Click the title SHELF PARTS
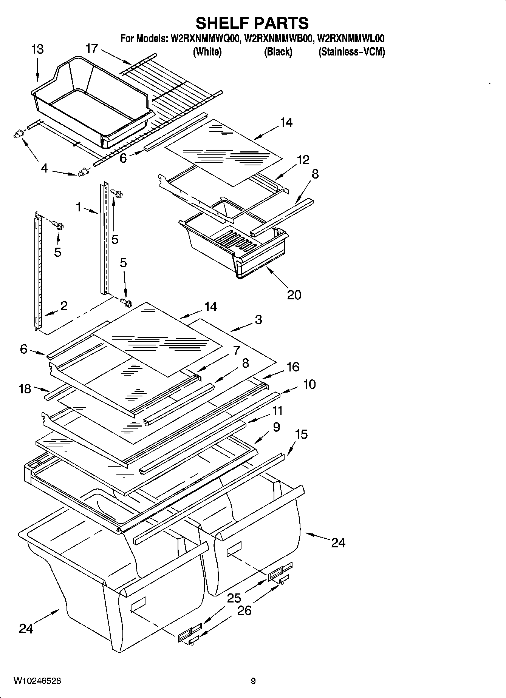(252, 23)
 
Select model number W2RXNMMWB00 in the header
(279, 39)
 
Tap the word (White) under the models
(207, 52)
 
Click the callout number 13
(37, 49)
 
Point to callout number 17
(92, 49)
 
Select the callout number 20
(294, 294)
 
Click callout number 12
(303, 160)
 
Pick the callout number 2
(64, 306)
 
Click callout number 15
(301, 435)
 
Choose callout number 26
(244, 610)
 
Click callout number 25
(234, 598)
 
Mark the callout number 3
(258, 320)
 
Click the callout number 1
(79, 206)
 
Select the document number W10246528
(37, 681)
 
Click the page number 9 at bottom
(253, 681)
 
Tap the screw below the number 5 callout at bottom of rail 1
(126, 302)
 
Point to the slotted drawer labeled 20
(234, 245)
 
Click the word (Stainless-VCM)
(351, 52)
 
